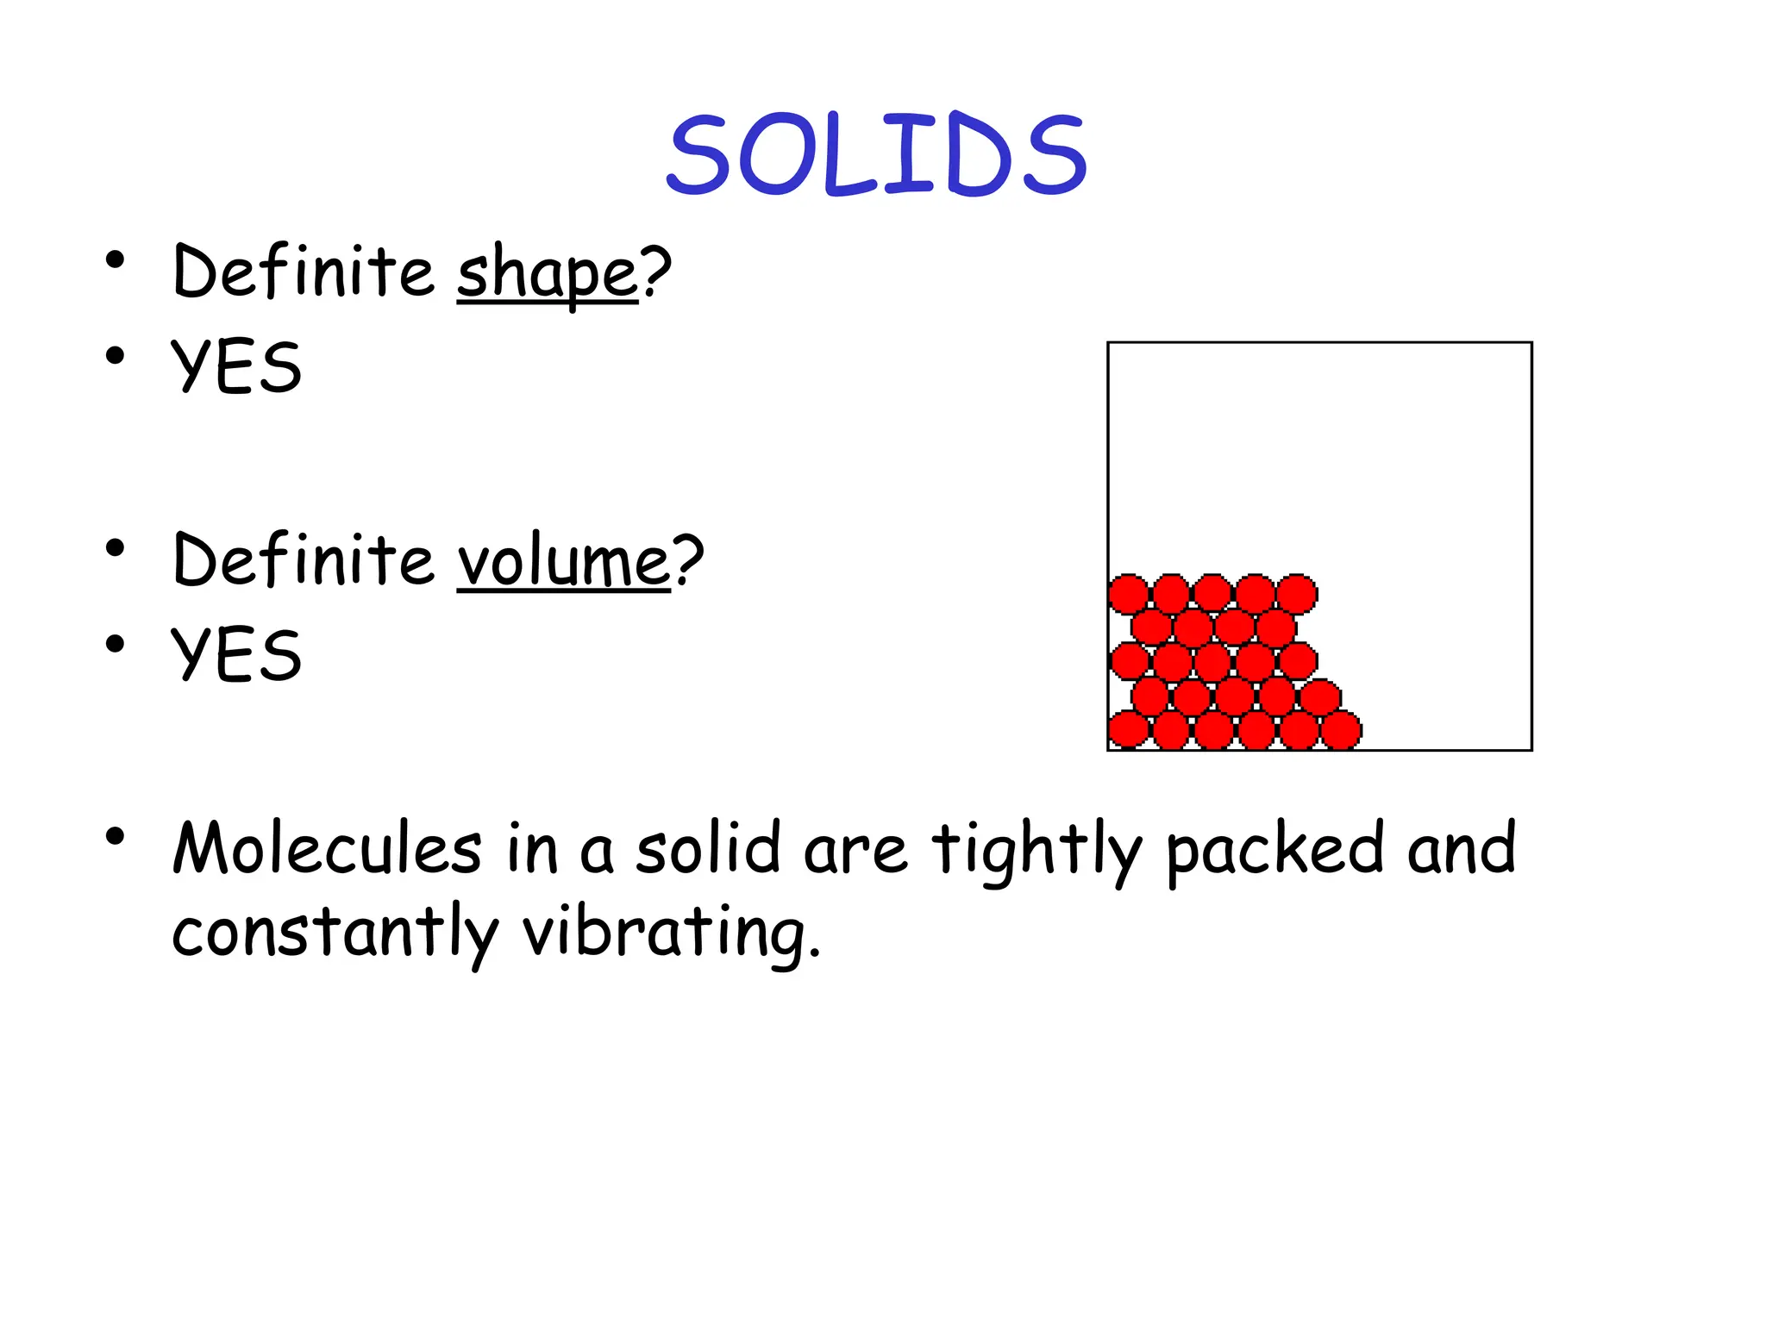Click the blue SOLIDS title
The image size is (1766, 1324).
(x=876, y=155)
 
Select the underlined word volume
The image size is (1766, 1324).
(x=563, y=562)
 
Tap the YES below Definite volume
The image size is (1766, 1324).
(x=236, y=655)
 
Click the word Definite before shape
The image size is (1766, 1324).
(x=304, y=272)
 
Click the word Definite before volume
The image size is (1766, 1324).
(x=304, y=560)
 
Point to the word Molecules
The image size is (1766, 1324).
(x=327, y=849)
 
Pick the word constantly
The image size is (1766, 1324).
(x=335, y=933)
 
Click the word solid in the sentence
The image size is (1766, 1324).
(x=708, y=848)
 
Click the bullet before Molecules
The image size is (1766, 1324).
(x=116, y=836)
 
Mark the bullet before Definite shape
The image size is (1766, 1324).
(x=116, y=259)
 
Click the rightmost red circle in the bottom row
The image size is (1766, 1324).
(x=1341, y=730)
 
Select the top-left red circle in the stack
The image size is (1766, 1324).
(x=1128, y=594)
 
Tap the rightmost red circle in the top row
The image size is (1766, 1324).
(x=1297, y=594)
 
